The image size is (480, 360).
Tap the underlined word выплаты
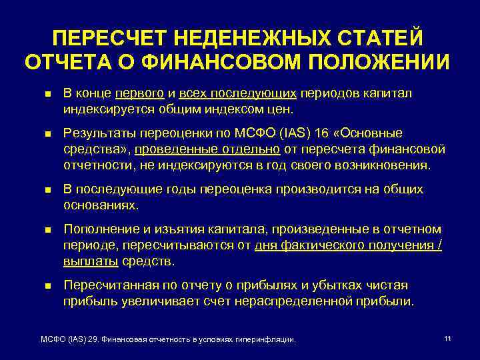(x=91, y=261)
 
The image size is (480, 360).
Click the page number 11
(x=447, y=339)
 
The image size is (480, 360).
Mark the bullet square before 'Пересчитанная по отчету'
(x=45, y=286)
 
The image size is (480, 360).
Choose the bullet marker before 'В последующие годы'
(x=45, y=190)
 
